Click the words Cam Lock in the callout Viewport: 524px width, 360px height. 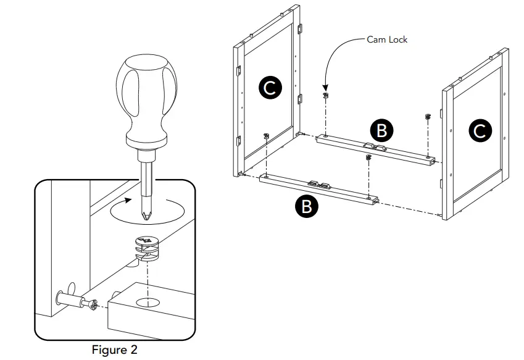(387, 40)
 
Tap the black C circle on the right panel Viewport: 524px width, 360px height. (480, 130)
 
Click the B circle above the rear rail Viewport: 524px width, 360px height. (381, 130)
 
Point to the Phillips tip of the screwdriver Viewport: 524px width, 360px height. (147, 216)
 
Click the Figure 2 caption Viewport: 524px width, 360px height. (114, 350)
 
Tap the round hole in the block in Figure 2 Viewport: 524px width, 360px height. (147, 303)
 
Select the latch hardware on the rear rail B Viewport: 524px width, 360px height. (375, 147)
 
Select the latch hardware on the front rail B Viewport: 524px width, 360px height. (319, 184)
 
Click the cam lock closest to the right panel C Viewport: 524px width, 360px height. (427, 117)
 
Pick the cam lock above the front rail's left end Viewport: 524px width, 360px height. (266, 135)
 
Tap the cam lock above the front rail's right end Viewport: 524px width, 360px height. (368, 158)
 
